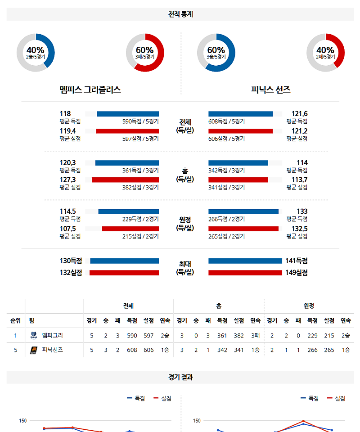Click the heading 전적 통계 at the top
pyautogui.click(x=180, y=14)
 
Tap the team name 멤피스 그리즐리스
pyautogui.click(x=90, y=90)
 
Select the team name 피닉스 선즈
pyautogui.click(x=271, y=90)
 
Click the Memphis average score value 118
pyautogui.click(x=65, y=114)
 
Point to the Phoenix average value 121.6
pyautogui.click(x=299, y=114)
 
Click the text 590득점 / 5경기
pyautogui.click(x=140, y=121)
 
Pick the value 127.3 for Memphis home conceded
pyautogui.click(x=67, y=180)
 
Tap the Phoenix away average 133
pyautogui.click(x=302, y=211)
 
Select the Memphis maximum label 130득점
pyautogui.click(x=71, y=261)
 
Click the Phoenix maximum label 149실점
pyautogui.click(x=296, y=272)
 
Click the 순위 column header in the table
pyautogui.click(x=15, y=321)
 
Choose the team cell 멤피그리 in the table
pyautogui.click(x=52, y=335)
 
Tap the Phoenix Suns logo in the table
pyautogui.click(x=33, y=350)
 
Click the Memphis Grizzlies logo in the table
pyautogui.click(x=33, y=335)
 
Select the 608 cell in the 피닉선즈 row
pyautogui.click(x=132, y=350)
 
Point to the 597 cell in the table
pyautogui.click(x=148, y=336)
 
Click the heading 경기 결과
pyautogui.click(x=180, y=378)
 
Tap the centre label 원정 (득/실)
pyautogui.click(x=184, y=224)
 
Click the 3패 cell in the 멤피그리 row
pyautogui.click(x=255, y=336)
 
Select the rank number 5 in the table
pyautogui.click(x=15, y=350)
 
